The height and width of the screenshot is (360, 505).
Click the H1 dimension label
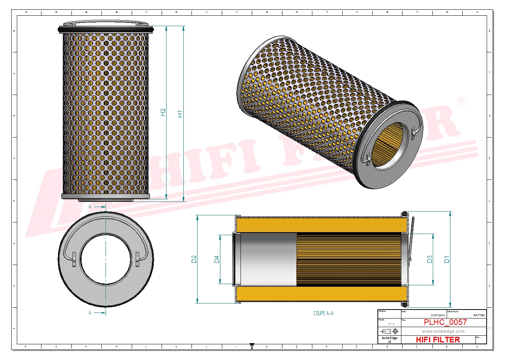click(180, 114)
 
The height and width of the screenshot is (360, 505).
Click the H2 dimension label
click(163, 112)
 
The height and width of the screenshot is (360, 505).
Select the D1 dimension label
click(447, 259)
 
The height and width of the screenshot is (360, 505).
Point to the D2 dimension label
click(194, 259)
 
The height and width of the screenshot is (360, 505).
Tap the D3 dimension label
click(429, 259)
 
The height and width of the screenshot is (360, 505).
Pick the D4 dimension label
click(217, 259)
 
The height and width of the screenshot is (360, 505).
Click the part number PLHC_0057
click(445, 322)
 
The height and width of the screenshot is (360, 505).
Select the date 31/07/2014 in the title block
click(438, 316)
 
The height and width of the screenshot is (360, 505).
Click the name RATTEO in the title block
click(479, 316)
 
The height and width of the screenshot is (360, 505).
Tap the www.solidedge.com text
click(443, 331)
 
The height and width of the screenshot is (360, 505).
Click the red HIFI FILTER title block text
click(438, 340)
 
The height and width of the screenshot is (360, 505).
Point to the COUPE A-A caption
click(323, 313)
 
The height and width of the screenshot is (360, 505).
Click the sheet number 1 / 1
click(391, 324)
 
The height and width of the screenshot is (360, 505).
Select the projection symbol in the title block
click(389, 331)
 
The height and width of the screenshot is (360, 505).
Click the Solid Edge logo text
click(389, 338)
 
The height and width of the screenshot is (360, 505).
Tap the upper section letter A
click(90, 207)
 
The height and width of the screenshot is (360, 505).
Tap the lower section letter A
click(90, 313)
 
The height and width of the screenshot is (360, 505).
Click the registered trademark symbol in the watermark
click(462, 102)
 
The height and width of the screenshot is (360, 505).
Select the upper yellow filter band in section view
click(322, 224)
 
